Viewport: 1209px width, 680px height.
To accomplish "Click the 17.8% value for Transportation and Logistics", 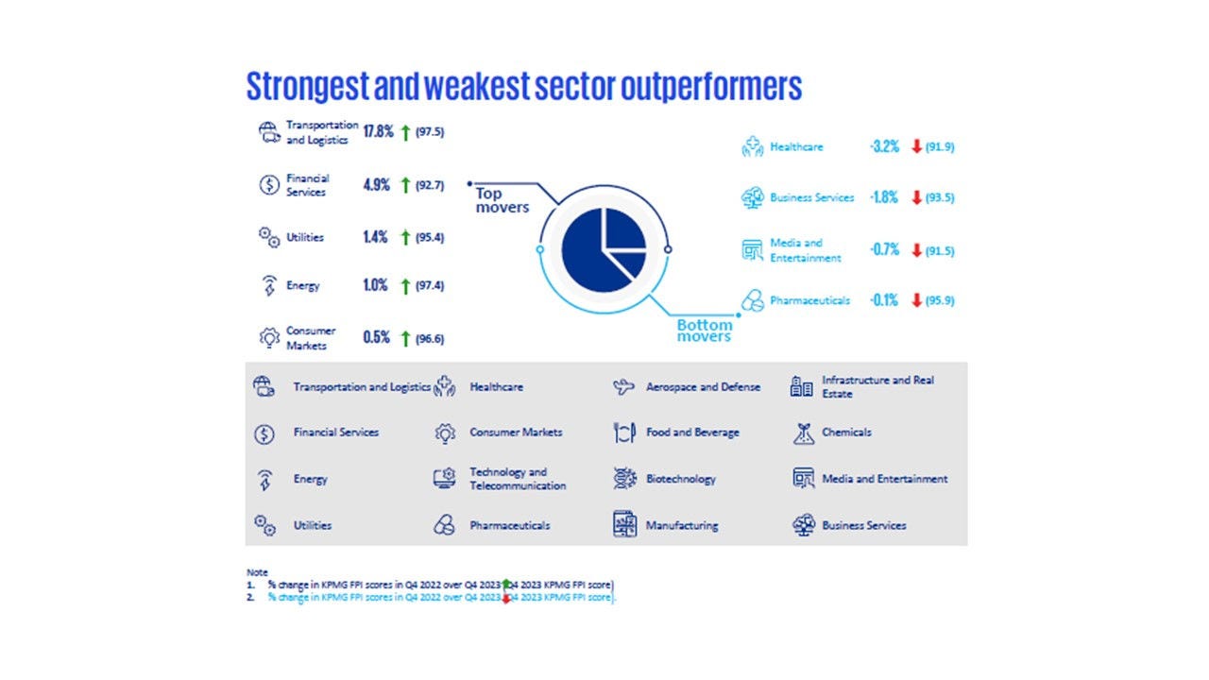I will pyautogui.click(x=378, y=132).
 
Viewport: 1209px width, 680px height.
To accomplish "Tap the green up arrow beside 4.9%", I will pyautogui.click(x=405, y=186).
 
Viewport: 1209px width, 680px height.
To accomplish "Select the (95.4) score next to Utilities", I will pyautogui.click(x=430, y=238).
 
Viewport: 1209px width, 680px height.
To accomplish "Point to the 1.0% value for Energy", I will pyautogui.click(x=375, y=286).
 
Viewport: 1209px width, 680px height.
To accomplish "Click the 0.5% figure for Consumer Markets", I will pyautogui.click(x=376, y=338).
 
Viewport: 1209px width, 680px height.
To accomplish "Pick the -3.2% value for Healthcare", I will pyautogui.click(x=884, y=147).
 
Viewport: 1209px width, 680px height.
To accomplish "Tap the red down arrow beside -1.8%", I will pyautogui.click(x=916, y=198).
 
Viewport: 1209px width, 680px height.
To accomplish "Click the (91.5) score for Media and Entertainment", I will pyautogui.click(x=940, y=250).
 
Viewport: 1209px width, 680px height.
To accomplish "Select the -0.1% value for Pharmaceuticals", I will pyautogui.click(x=884, y=301).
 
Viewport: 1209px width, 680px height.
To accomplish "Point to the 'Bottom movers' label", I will pyautogui.click(x=704, y=331).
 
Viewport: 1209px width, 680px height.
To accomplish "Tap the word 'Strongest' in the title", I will pyautogui.click(x=307, y=86).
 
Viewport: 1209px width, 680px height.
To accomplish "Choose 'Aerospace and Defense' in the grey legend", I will pyautogui.click(x=703, y=387).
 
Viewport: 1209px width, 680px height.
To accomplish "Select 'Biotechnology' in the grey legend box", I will pyautogui.click(x=680, y=479).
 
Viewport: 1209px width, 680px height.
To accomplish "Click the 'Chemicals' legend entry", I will pyautogui.click(x=846, y=433).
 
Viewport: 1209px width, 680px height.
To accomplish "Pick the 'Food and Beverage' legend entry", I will pyautogui.click(x=692, y=433).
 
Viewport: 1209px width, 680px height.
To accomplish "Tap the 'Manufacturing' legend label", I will pyautogui.click(x=681, y=525).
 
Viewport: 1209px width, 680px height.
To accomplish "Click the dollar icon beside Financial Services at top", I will pyautogui.click(x=268, y=185).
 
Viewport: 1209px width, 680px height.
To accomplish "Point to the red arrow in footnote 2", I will pyautogui.click(x=506, y=598).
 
